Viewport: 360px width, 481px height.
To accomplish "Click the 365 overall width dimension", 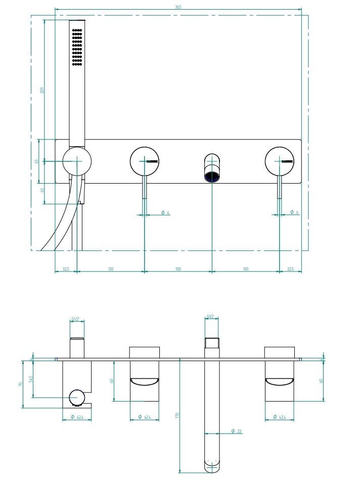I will point(178,7).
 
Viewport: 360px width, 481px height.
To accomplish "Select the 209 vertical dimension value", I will point(42,90).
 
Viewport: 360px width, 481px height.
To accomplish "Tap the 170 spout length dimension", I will point(177,415).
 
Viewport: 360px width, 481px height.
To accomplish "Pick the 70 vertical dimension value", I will point(20,384).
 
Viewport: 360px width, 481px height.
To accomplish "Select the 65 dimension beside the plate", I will point(36,161).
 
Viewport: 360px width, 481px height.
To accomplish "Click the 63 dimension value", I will point(42,190).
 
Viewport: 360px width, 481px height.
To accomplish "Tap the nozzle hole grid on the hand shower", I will point(77,47).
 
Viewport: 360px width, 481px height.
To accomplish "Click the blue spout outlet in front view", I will point(212,177).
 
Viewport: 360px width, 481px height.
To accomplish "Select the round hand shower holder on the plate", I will point(77,161).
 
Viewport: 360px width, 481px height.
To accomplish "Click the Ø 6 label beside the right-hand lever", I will point(294,212).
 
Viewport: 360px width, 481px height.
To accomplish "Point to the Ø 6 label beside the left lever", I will point(165,212).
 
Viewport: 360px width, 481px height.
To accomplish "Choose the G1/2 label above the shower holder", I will point(76,319).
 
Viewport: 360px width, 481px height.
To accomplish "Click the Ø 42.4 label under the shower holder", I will point(76,417).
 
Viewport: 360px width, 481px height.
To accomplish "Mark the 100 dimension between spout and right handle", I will point(245,269).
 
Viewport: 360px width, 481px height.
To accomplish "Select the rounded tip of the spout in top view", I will point(212,466).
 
